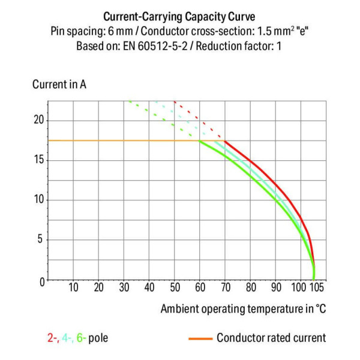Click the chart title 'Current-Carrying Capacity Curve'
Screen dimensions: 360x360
click(179, 16)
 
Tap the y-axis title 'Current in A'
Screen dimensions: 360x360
click(59, 84)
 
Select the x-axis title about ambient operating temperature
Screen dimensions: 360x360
click(243, 308)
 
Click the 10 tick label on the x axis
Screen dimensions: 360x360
click(73, 287)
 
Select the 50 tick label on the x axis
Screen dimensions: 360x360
click(175, 287)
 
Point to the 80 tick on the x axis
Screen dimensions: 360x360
click(251, 287)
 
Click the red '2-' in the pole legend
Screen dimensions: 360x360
click(53, 338)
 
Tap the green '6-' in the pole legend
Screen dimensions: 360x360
click(82, 338)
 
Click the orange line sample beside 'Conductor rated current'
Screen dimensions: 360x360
click(201, 338)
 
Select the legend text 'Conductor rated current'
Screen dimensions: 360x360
click(271, 338)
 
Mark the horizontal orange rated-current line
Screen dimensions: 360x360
click(120, 140)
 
